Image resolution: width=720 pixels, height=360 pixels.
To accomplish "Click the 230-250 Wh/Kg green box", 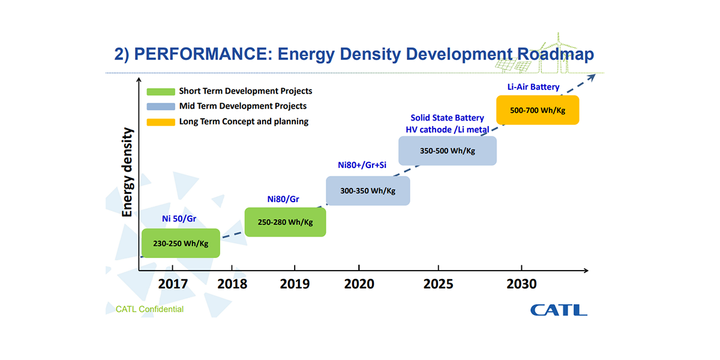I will pyautogui.click(x=181, y=243).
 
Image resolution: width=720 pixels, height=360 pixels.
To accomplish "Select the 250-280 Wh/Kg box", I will pyautogui.click(x=286, y=222).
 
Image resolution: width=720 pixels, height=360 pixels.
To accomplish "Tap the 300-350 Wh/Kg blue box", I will pyautogui.click(x=368, y=191).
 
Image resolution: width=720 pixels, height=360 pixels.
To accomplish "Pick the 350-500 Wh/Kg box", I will pyautogui.click(x=448, y=151).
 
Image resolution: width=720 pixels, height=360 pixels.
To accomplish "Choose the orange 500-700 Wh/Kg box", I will pyautogui.click(x=538, y=110).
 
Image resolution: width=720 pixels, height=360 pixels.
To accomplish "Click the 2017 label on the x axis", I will pyautogui.click(x=173, y=283).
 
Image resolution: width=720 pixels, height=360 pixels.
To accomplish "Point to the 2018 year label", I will pyautogui.click(x=232, y=283).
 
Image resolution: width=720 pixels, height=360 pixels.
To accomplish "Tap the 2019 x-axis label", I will pyautogui.click(x=295, y=283).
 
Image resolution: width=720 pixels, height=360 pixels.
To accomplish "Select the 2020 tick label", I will pyautogui.click(x=359, y=283).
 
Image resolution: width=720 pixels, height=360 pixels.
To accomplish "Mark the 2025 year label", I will pyautogui.click(x=439, y=283).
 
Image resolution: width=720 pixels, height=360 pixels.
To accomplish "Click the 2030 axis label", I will pyautogui.click(x=521, y=283).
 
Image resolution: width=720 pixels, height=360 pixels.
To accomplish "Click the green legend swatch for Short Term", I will pyautogui.click(x=160, y=92).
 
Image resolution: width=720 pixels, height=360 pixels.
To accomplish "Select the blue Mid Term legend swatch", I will pyautogui.click(x=160, y=107).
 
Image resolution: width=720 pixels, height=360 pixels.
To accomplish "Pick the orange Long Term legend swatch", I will pyautogui.click(x=160, y=122).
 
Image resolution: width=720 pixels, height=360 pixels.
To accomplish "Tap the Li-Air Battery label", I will pyautogui.click(x=533, y=87).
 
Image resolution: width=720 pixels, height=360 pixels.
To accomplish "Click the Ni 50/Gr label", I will pyautogui.click(x=179, y=218).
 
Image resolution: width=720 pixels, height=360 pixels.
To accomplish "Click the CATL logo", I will pyautogui.click(x=558, y=310).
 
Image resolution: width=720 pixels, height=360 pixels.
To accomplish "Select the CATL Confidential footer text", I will pyautogui.click(x=150, y=310).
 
